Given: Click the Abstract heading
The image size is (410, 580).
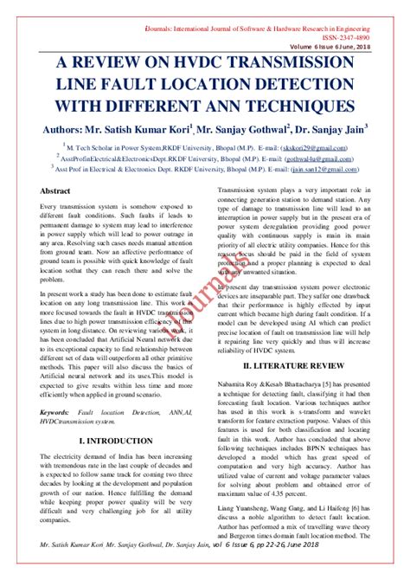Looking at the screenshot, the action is [55, 214].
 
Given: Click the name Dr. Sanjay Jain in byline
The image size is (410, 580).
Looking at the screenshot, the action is [332, 132].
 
